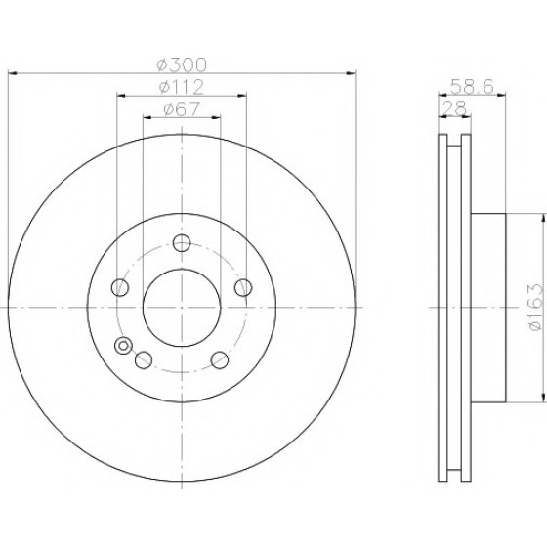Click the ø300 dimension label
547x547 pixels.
(182, 64)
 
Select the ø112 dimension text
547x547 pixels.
(182, 87)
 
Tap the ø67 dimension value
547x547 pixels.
(182, 108)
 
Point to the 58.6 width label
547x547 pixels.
(472, 87)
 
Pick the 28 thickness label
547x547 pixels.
(454, 107)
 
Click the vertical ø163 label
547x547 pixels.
(536, 307)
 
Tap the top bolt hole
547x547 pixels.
(182, 243)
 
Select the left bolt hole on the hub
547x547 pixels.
(120, 287)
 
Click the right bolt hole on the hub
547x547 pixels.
(243, 287)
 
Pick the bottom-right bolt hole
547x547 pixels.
(220, 360)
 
